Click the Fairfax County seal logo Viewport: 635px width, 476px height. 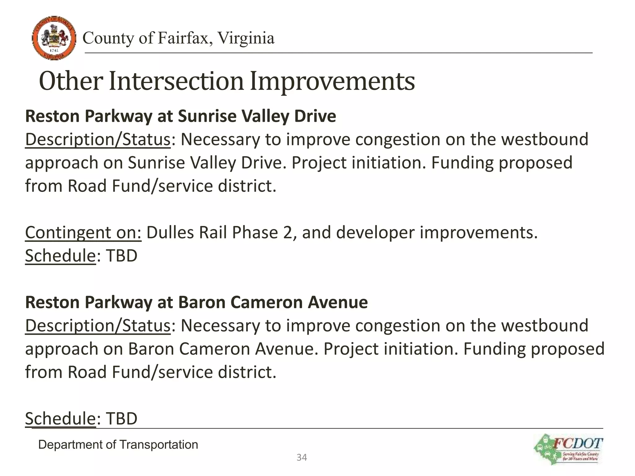click(x=54, y=38)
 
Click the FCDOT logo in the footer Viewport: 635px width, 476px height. click(x=569, y=449)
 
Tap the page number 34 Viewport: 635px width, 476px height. click(x=302, y=457)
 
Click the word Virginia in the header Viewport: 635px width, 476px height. click(x=246, y=38)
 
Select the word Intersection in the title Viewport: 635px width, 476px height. click(x=176, y=81)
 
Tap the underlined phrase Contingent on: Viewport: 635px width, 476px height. click(x=83, y=232)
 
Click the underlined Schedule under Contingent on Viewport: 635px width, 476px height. click(x=60, y=256)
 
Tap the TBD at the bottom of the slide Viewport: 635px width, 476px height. click(x=122, y=419)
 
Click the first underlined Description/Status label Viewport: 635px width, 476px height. click(x=98, y=139)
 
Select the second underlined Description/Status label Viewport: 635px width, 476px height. click(x=98, y=326)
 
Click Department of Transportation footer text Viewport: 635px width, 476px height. click(x=118, y=445)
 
